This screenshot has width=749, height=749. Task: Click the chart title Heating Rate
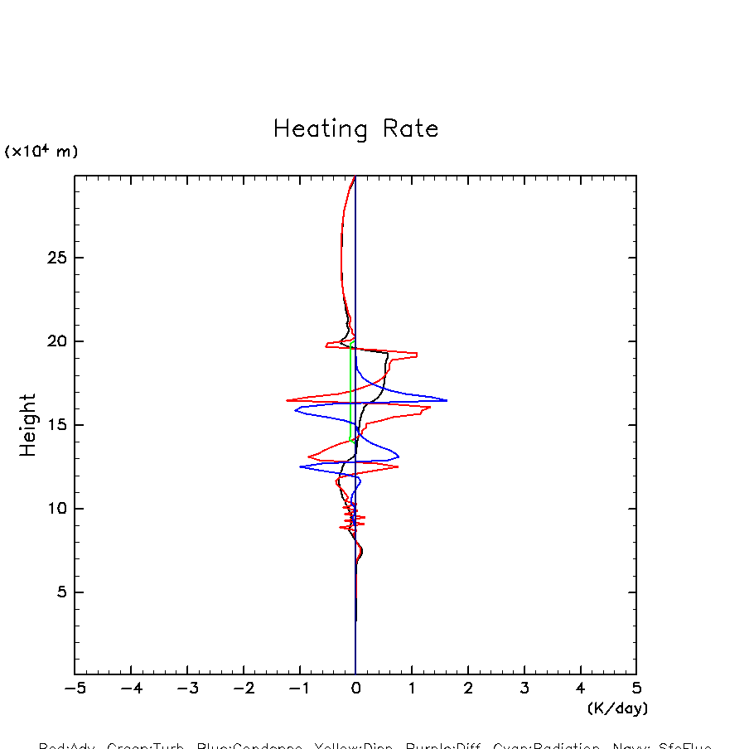tap(355, 129)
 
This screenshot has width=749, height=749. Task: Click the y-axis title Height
tap(28, 425)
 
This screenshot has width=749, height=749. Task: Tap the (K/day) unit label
tap(617, 708)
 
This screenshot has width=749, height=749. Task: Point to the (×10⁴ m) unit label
tap(41, 152)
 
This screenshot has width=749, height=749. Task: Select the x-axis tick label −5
tap(75, 689)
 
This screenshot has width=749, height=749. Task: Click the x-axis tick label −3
tap(187, 689)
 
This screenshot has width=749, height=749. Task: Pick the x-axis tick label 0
tap(355, 689)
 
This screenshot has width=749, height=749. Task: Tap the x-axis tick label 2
tap(468, 689)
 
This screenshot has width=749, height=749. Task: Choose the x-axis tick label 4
tap(580, 689)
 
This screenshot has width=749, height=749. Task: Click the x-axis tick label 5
tap(636, 689)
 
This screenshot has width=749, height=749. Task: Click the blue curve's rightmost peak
tap(447, 400)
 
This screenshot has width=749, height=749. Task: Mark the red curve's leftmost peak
tap(288, 400)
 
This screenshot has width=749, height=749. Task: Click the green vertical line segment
tap(350, 389)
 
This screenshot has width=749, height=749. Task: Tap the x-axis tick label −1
tap(299, 689)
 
